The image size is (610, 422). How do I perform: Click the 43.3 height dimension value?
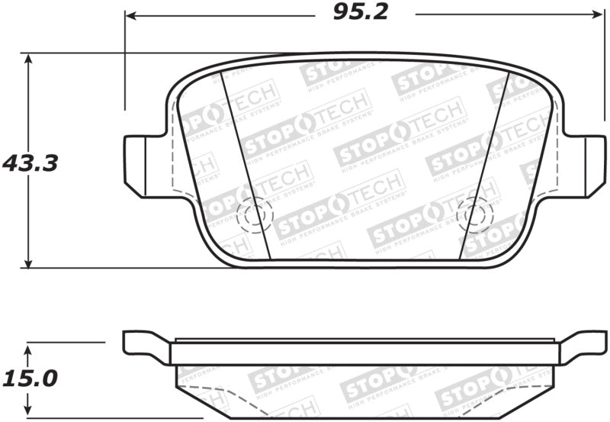[x=30, y=163]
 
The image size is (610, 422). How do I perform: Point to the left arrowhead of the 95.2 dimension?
[x=130, y=14]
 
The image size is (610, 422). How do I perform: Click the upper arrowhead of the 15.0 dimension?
[x=28, y=349]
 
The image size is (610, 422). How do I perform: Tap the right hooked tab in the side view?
[x=584, y=345]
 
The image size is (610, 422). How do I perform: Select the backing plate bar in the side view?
[x=364, y=353]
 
